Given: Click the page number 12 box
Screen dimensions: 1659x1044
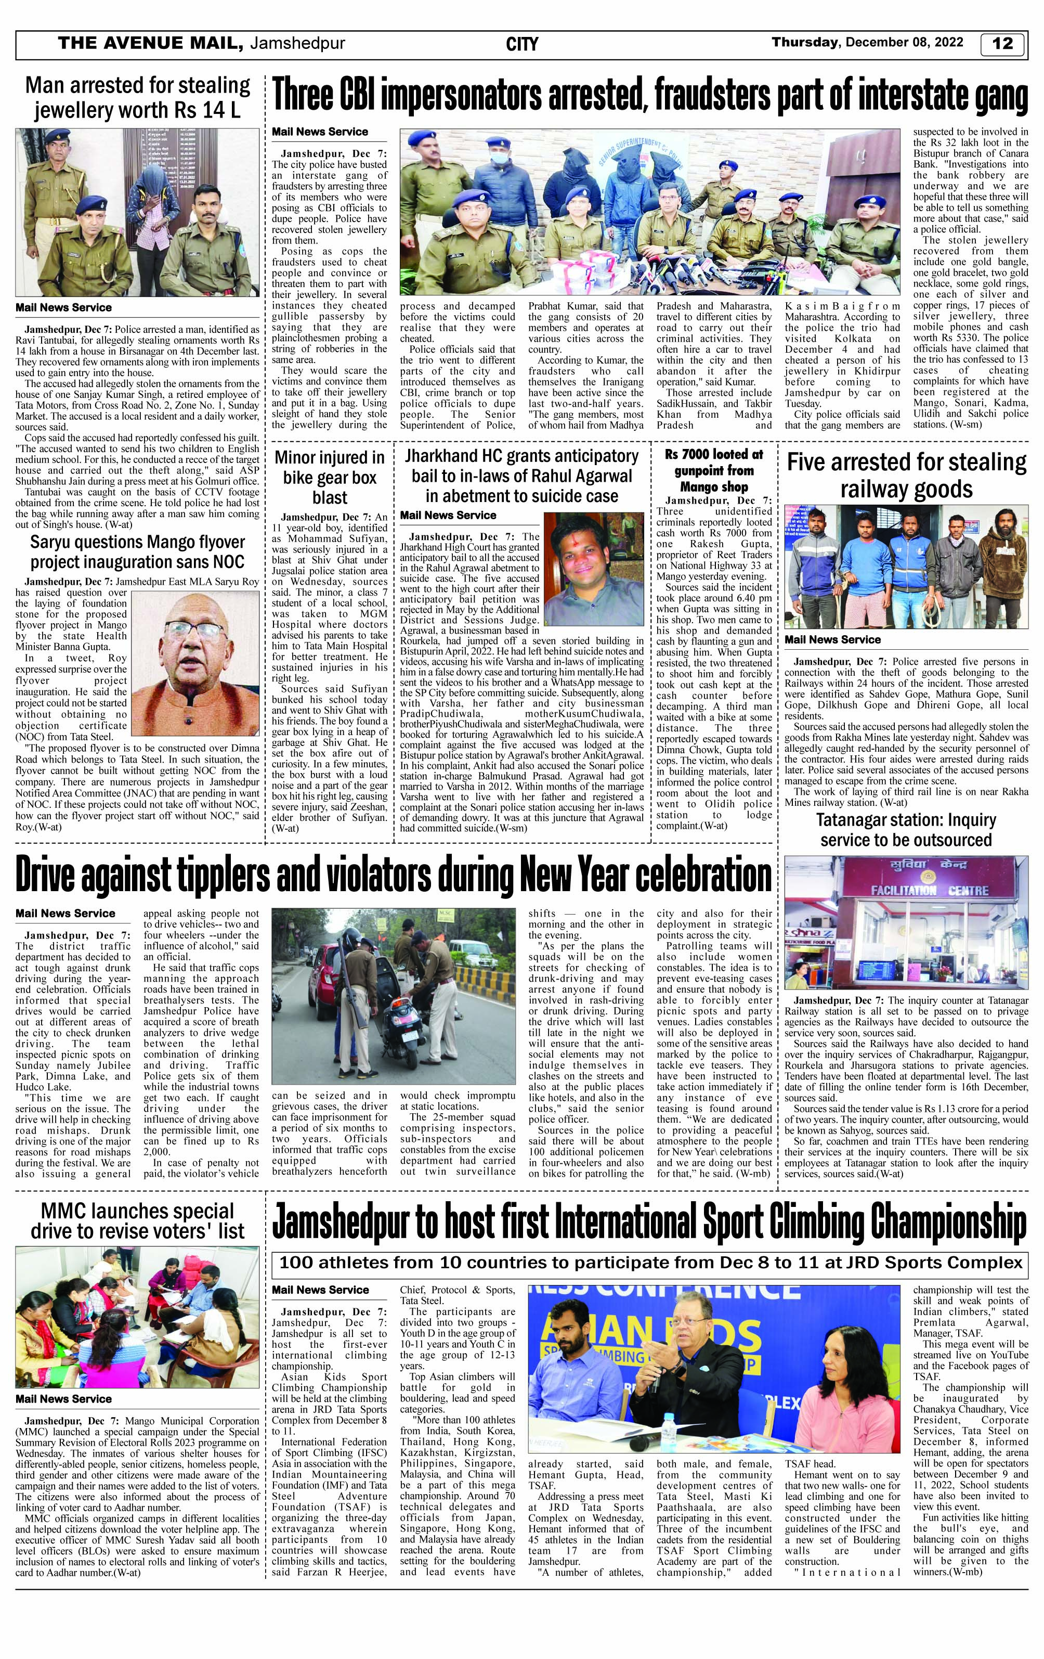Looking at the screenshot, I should tap(1003, 43).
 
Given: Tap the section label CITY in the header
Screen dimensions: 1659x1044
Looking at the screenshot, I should tap(521, 45).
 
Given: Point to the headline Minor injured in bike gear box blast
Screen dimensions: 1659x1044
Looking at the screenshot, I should tap(330, 478).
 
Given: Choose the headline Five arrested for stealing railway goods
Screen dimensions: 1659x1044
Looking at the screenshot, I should tap(906, 476).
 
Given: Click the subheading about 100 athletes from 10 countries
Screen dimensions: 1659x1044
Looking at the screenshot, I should tap(649, 1263).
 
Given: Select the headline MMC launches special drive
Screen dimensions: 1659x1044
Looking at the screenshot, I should tap(138, 1221).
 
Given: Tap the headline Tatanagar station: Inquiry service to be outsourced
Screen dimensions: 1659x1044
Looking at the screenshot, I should tap(906, 830).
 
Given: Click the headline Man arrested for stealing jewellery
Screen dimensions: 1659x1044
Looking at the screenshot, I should tap(138, 97).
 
